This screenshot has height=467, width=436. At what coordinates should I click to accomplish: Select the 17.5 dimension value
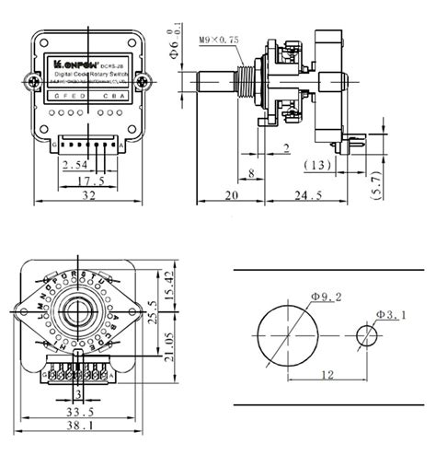(x=88, y=180)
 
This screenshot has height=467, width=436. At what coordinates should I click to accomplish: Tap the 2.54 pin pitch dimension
(x=76, y=164)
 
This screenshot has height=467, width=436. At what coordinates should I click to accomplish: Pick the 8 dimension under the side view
(x=251, y=171)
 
